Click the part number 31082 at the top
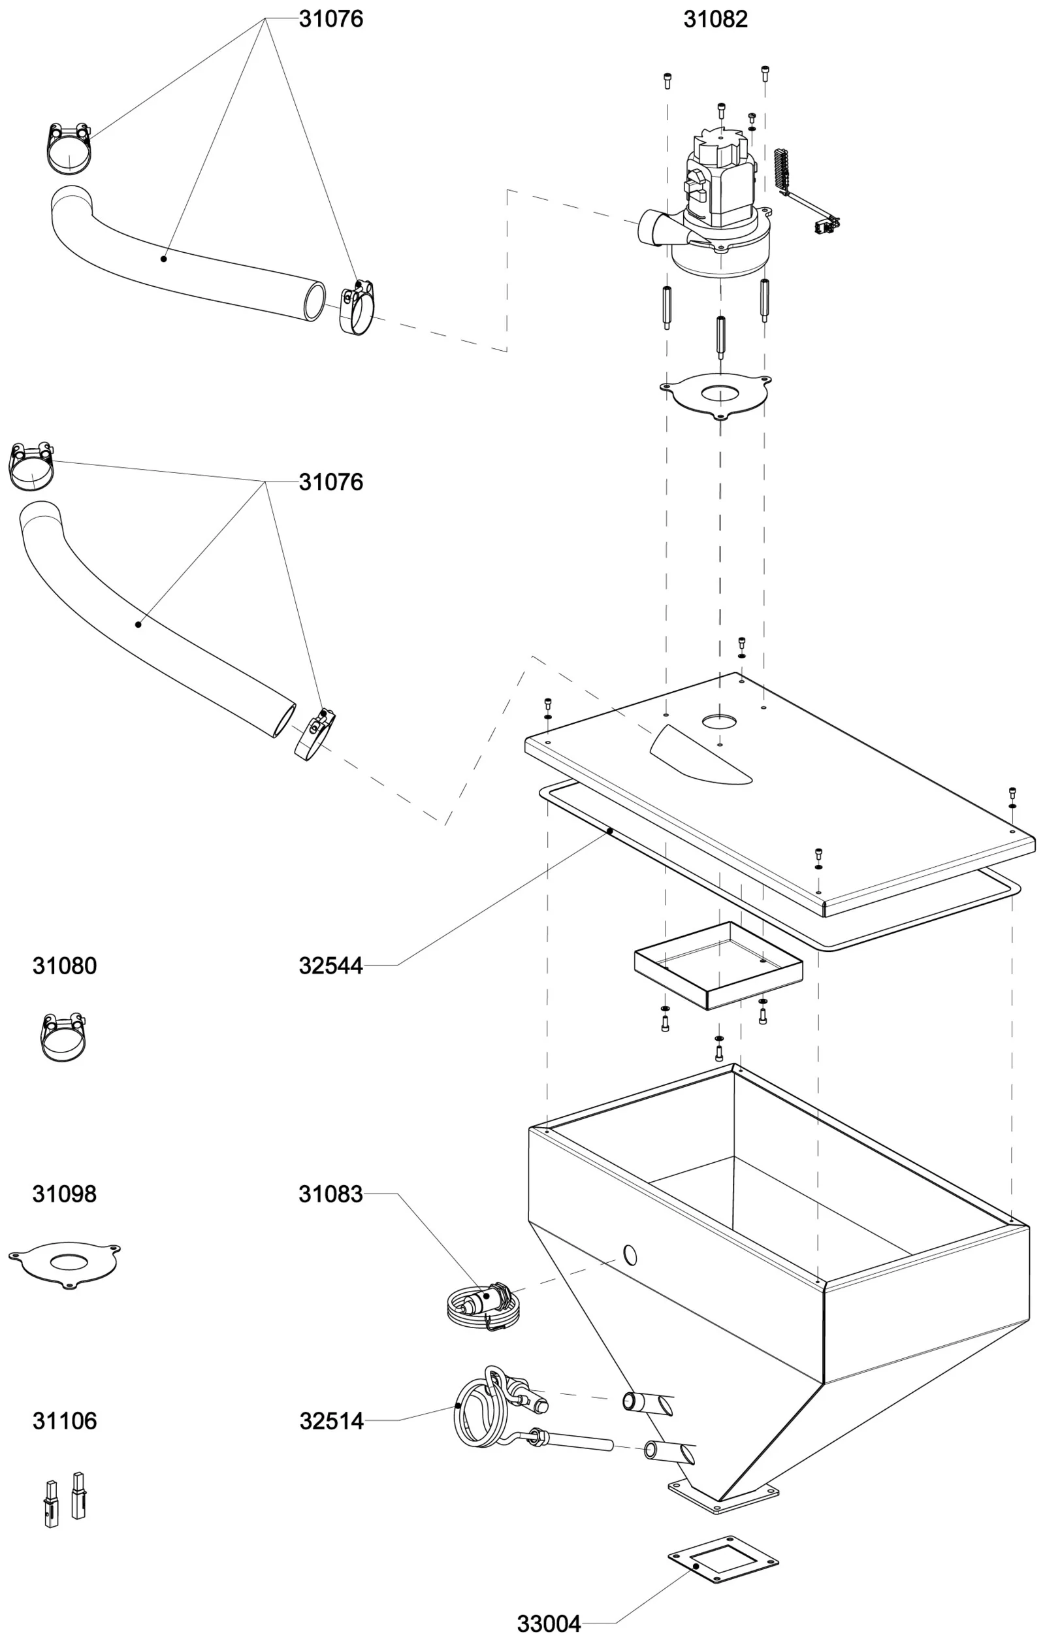click(x=715, y=19)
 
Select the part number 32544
click(x=330, y=966)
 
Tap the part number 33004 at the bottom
click(x=549, y=1623)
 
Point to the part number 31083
click(x=330, y=1194)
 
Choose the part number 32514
click(x=331, y=1421)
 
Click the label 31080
click(x=65, y=966)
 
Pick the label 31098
click(x=65, y=1194)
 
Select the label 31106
click(x=65, y=1421)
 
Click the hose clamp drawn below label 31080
click(x=63, y=1037)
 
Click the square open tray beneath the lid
click(x=718, y=965)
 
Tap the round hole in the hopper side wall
click(x=630, y=1255)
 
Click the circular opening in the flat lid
click(x=719, y=721)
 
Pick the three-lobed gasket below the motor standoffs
click(x=716, y=394)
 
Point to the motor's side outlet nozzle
click(x=652, y=229)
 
